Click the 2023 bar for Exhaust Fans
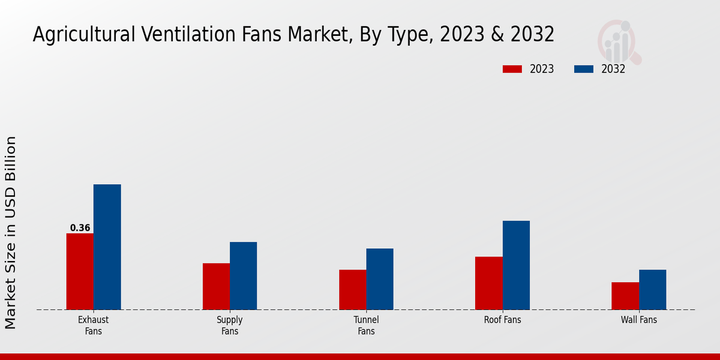[80, 271]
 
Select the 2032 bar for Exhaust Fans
[107, 247]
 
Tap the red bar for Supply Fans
[216, 286]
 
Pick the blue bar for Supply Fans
[244, 275]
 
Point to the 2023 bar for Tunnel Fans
[352, 289]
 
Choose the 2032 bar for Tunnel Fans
[380, 279]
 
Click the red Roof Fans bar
[489, 283]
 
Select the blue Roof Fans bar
[516, 265]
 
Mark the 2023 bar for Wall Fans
[625, 296]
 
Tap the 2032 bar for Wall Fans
[652, 289]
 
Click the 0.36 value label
[80, 228]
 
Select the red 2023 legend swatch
[512, 69]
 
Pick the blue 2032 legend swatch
[584, 69]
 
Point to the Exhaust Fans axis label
[94, 325]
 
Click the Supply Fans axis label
[230, 325]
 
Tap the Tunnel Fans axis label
[366, 325]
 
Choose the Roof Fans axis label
[503, 320]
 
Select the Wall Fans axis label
[639, 320]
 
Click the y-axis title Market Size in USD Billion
[11, 233]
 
